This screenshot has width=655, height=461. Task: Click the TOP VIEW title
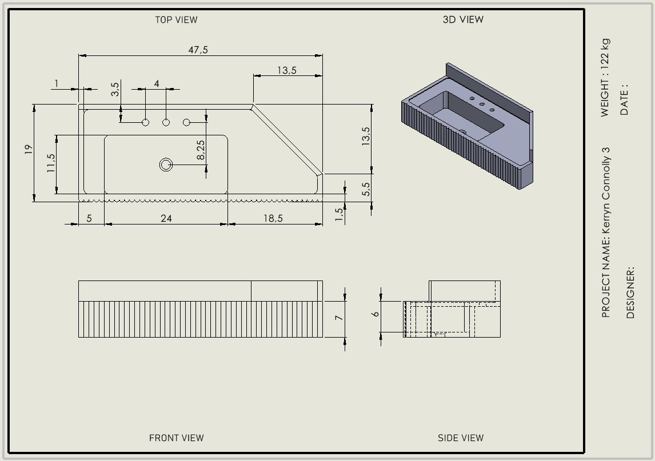pyautogui.click(x=176, y=19)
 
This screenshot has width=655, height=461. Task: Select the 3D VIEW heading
pyautogui.click(x=463, y=19)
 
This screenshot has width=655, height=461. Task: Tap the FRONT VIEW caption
pyautogui.click(x=176, y=438)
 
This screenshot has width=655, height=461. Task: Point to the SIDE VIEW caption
pyautogui.click(x=460, y=438)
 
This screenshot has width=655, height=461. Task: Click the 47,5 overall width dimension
pyautogui.click(x=198, y=50)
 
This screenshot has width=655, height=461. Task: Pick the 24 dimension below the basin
pyautogui.click(x=166, y=218)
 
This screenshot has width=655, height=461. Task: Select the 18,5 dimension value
pyautogui.click(x=273, y=218)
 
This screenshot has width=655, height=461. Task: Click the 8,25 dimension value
pyautogui.click(x=201, y=150)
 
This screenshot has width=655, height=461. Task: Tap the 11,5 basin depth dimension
pyautogui.click(x=51, y=163)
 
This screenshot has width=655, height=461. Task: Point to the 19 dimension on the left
pyautogui.click(x=29, y=150)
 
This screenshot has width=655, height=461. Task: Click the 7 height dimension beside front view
pyautogui.click(x=339, y=318)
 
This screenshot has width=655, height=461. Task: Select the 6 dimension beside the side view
pyautogui.click(x=376, y=314)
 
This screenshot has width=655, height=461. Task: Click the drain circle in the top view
pyautogui.click(x=166, y=165)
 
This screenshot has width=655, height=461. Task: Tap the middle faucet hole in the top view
pyautogui.click(x=166, y=122)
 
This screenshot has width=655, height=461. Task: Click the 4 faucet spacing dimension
pyautogui.click(x=157, y=83)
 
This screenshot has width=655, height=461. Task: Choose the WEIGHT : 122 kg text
pyautogui.click(x=605, y=78)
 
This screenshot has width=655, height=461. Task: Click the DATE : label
pyautogui.click(x=624, y=100)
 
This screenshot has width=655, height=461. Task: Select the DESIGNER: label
pyautogui.click(x=630, y=292)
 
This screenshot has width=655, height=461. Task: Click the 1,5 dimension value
pyautogui.click(x=339, y=214)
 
